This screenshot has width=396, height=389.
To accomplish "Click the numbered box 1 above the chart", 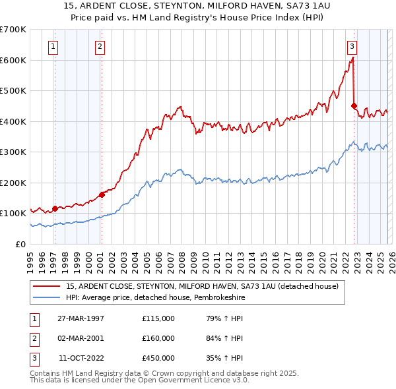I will (x=53, y=46).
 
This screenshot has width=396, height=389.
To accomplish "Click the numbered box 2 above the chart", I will (x=100, y=46).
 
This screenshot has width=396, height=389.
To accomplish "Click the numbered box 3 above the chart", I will (x=352, y=46).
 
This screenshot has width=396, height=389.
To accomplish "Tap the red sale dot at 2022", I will (x=354, y=105).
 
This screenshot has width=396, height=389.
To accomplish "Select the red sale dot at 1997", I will (x=54, y=208).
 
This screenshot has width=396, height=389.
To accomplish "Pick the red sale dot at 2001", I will (x=102, y=194).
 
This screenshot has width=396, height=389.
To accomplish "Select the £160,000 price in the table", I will (x=158, y=338).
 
